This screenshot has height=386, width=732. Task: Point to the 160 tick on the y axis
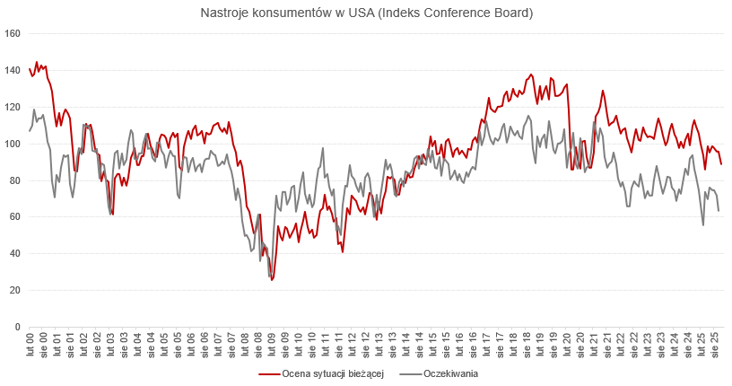point(13,34)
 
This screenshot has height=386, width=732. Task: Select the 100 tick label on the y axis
point(13,145)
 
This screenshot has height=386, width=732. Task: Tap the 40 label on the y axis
point(16,254)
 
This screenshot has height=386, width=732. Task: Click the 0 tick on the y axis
point(19,328)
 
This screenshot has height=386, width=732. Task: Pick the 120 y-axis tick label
point(13,108)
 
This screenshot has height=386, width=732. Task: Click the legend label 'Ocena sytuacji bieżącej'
point(333,373)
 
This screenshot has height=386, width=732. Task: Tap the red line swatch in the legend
point(268,373)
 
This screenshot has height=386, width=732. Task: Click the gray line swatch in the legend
point(409,373)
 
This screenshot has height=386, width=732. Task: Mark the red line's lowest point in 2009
point(271,280)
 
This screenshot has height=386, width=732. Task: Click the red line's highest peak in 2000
point(37,62)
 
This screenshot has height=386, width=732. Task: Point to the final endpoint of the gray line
point(720,210)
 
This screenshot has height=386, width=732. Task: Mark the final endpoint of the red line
point(721,163)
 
